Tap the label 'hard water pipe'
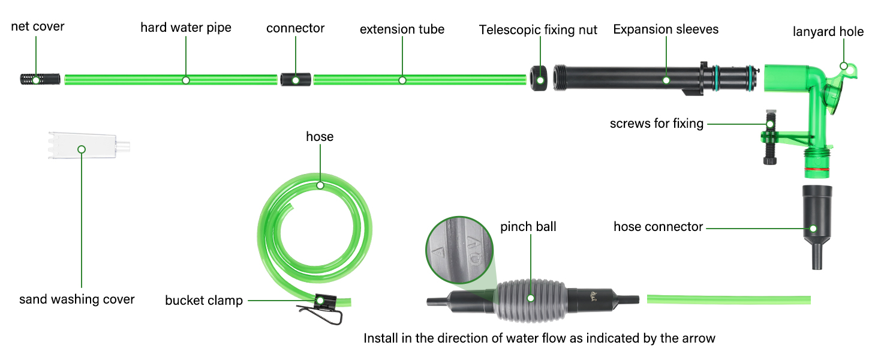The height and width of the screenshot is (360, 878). [186, 28]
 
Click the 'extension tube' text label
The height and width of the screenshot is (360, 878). [402, 29]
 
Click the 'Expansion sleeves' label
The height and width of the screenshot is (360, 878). [666, 29]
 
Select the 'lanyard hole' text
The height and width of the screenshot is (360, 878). [828, 31]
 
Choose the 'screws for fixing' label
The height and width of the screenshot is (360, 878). [656, 124]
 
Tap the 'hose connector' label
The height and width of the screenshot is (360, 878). [658, 227]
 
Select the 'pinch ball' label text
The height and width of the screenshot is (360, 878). [528, 227]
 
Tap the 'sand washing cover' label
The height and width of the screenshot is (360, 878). [77, 299]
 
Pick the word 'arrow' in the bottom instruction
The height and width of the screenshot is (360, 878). [697, 338]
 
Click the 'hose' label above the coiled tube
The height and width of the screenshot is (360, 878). [320, 137]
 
